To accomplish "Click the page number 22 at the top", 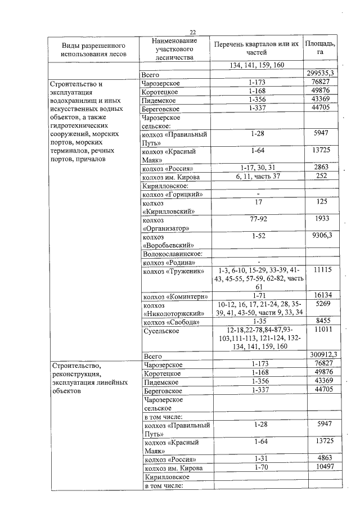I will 192,32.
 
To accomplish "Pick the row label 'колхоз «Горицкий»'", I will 173,195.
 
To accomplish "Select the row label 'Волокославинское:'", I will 170,254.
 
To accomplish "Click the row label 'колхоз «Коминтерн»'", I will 176,296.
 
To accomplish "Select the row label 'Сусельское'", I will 161,330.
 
